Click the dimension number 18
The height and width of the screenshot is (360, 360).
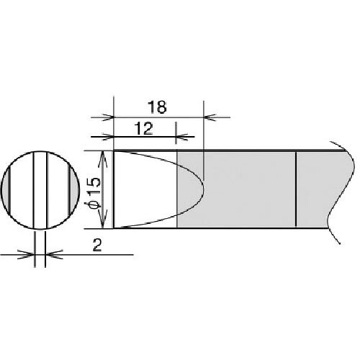(157, 107)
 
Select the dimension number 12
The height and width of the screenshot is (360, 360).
(143, 129)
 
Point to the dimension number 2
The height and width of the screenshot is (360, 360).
(97, 246)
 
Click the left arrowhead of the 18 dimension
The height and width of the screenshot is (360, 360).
(109, 117)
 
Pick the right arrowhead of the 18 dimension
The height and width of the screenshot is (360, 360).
(210, 117)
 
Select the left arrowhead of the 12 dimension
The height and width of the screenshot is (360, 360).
(108, 137)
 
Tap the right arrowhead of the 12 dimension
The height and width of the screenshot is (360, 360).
(181, 137)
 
